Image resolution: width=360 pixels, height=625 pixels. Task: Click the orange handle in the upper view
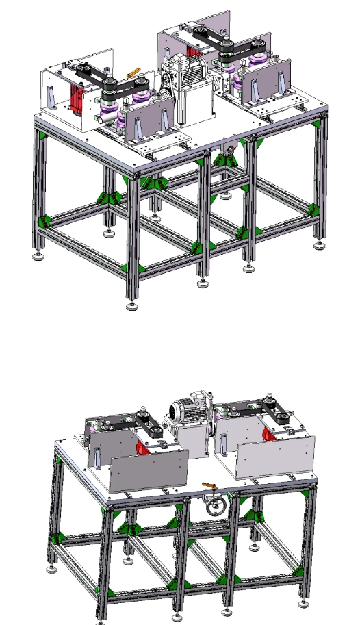pos(133,72)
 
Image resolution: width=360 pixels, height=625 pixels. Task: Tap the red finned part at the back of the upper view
pos(193,49)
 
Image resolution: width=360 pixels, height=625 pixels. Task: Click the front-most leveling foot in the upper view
pos(131,303)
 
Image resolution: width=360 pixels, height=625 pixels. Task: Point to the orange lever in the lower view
pos(209,486)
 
